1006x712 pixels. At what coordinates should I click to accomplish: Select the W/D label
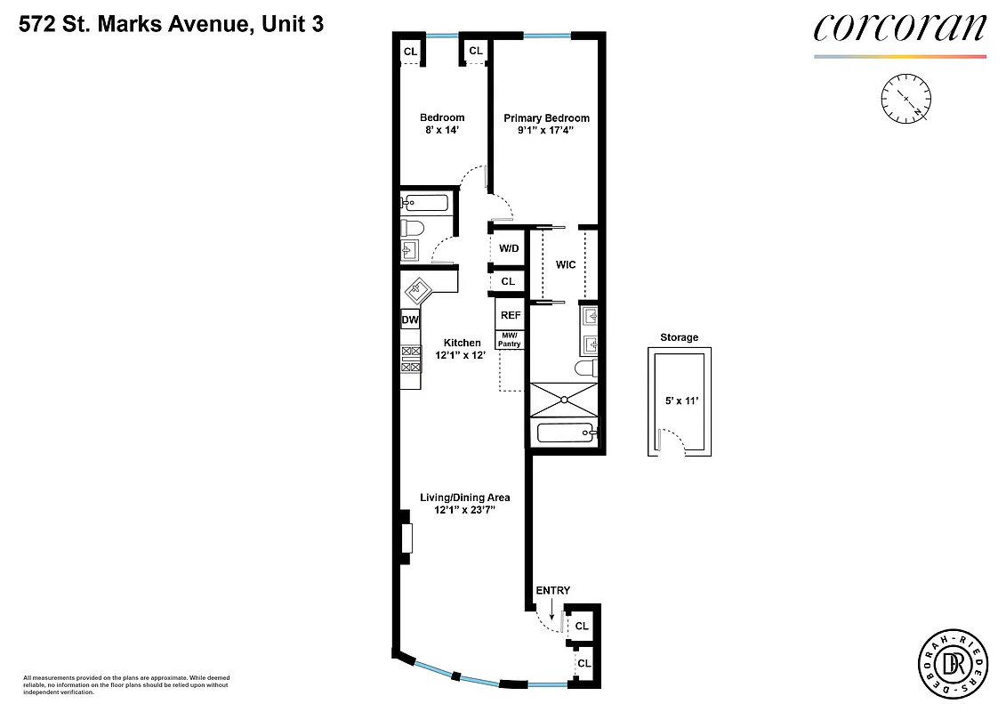(508, 248)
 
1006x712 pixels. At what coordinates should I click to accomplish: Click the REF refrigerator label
(511, 315)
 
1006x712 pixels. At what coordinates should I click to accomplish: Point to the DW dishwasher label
(410, 320)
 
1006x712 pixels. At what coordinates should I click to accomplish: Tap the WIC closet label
(565, 265)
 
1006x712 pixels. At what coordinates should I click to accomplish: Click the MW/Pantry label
(510, 340)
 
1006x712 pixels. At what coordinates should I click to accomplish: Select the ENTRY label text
(552, 590)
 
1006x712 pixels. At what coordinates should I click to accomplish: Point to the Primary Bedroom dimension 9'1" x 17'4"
(546, 131)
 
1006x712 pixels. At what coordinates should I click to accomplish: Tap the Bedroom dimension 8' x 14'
(441, 131)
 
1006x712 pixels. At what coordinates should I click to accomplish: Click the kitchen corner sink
(418, 290)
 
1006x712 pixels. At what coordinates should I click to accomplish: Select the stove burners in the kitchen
(411, 358)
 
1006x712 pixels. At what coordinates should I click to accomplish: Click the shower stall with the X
(564, 400)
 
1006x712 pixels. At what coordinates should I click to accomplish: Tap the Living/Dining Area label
(464, 498)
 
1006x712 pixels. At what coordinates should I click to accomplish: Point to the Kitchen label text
(462, 343)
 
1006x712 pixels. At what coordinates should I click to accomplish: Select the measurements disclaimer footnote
(125, 684)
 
